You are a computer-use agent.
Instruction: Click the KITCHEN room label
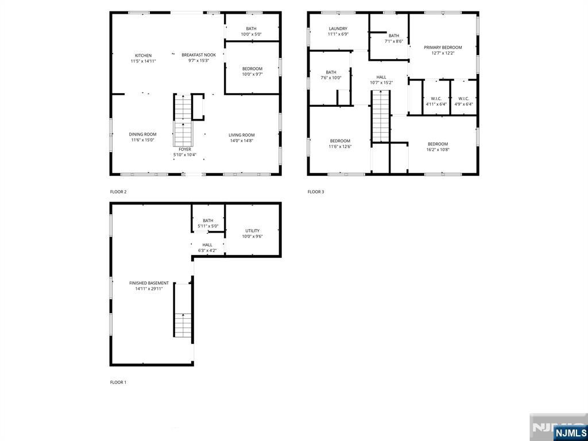(143, 56)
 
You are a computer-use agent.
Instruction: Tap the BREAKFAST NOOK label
(199, 55)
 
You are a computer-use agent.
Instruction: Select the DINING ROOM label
(142, 134)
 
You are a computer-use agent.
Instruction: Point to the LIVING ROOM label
(242, 135)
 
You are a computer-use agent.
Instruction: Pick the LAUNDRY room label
(338, 29)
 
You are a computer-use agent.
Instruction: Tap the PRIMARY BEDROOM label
(443, 48)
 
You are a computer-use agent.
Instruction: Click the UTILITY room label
(253, 231)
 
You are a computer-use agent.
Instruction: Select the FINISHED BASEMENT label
(149, 283)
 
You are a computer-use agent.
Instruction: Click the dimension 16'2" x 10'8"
(438, 150)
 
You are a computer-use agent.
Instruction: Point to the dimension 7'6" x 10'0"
(331, 78)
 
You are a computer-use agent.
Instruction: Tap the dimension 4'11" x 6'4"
(436, 105)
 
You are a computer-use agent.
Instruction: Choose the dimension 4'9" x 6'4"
(463, 105)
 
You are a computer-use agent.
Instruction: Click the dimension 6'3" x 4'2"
(207, 250)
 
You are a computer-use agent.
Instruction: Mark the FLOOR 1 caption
(118, 382)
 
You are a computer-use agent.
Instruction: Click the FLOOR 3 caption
(316, 192)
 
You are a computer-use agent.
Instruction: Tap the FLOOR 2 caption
(118, 192)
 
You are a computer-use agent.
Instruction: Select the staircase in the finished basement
(183, 310)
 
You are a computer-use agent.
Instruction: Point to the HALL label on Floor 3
(381, 78)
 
